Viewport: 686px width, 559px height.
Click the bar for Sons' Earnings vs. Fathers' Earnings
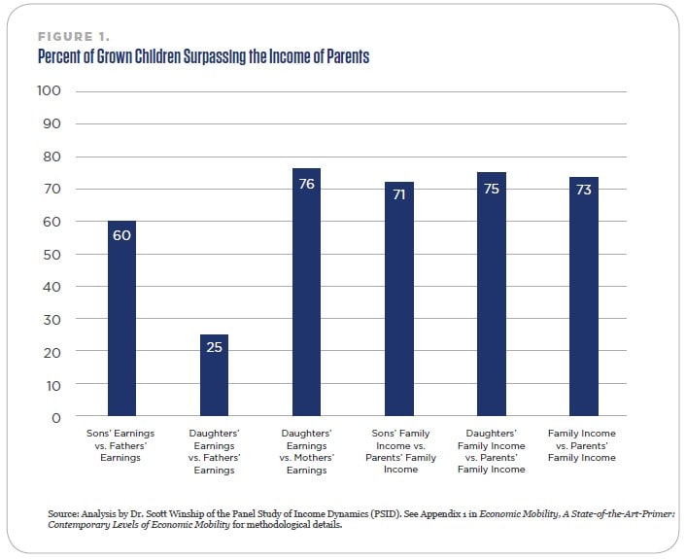(x=121, y=318)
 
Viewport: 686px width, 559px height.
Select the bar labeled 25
(x=214, y=375)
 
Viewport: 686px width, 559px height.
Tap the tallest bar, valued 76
(x=306, y=292)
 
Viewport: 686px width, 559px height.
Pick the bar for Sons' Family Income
(x=399, y=299)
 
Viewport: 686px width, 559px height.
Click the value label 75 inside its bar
(x=492, y=189)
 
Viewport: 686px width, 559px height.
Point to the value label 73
(x=584, y=190)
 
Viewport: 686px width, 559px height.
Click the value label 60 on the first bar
(x=121, y=235)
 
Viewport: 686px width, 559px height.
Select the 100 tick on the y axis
(x=49, y=90)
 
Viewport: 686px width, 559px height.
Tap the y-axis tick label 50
(x=51, y=255)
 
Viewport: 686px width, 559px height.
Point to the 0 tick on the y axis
(x=56, y=418)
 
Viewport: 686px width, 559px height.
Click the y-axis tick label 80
(x=51, y=157)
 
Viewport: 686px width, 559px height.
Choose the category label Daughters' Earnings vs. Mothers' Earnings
(x=307, y=451)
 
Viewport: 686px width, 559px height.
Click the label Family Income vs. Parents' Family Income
(x=582, y=445)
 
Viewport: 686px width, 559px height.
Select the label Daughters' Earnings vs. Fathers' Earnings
(x=215, y=451)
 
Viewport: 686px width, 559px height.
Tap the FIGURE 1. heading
(x=74, y=36)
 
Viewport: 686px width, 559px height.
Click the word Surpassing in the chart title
(x=215, y=57)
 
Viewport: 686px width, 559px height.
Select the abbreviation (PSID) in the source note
(x=387, y=514)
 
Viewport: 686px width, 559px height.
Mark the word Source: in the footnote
(x=63, y=513)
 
